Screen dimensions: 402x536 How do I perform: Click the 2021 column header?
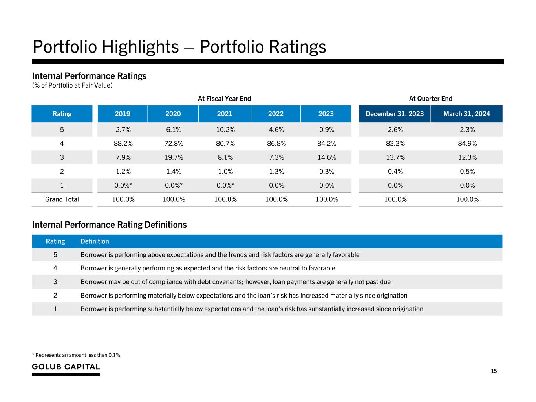(x=224, y=114)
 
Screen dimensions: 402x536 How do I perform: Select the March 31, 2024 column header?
(x=466, y=114)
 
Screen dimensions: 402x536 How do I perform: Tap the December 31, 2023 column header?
(x=395, y=114)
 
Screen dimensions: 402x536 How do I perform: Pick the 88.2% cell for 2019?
(x=123, y=143)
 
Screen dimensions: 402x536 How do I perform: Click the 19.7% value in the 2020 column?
(x=173, y=157)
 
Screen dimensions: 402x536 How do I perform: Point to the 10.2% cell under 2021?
(x=225, y=130)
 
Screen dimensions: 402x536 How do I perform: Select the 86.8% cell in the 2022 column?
(x=276, y=143)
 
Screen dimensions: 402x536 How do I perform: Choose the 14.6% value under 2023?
(x=326, y=157)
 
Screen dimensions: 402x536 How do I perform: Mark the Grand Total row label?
(x=62, y=199)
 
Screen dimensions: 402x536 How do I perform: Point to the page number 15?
(x=494, y=371)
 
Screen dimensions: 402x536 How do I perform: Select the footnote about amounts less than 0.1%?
(x=77, y=355)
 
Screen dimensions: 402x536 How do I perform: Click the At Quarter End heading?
(x=431, y=99)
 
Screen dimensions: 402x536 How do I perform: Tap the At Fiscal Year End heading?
(x=224, y=99)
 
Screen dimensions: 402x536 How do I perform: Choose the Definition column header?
(x=95, y=241)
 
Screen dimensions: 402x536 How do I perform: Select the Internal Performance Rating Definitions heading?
(x=109, y=225)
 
